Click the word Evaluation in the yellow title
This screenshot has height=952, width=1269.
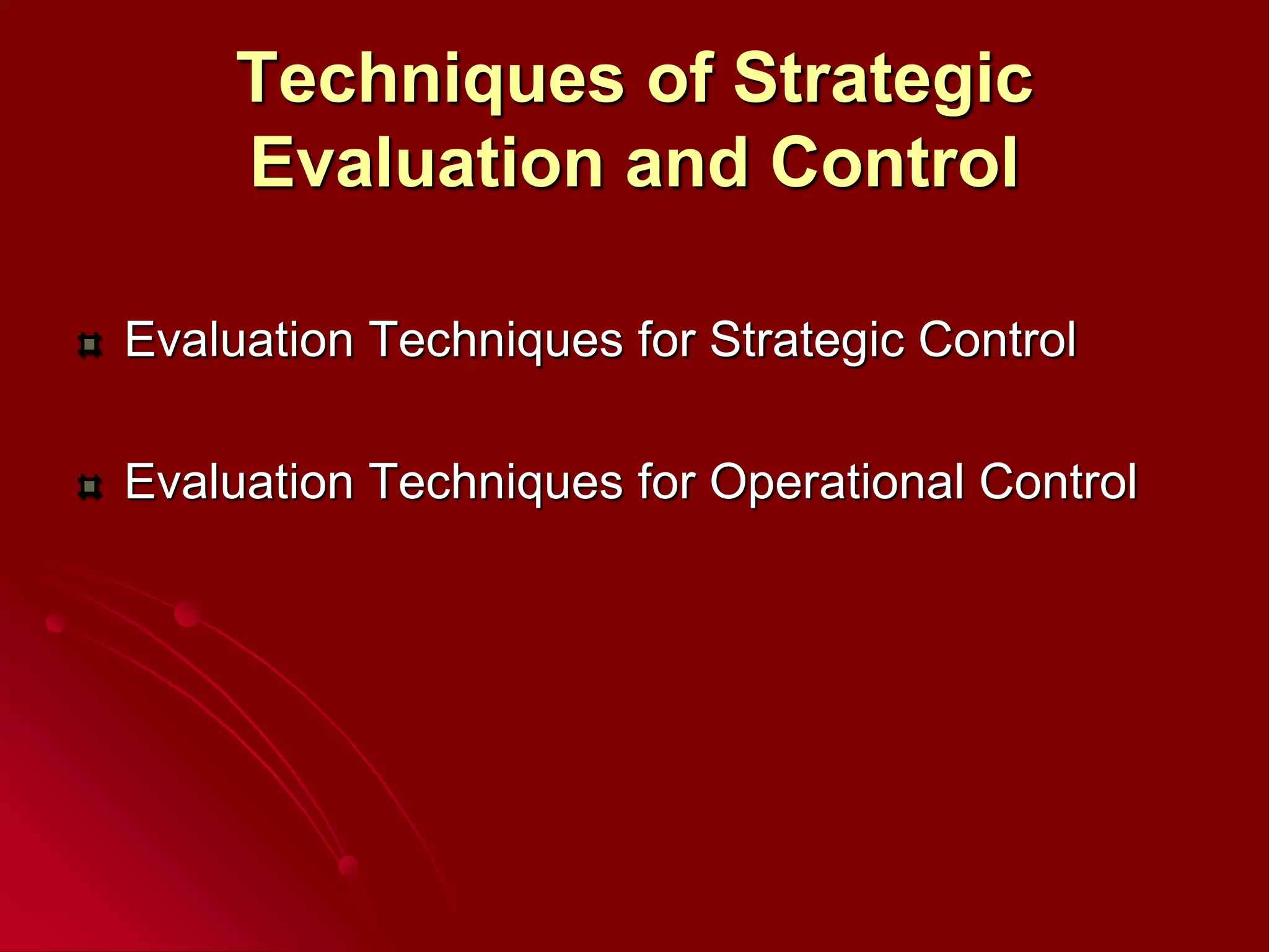(427, 162)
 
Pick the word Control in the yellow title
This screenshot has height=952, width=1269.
(895, 162)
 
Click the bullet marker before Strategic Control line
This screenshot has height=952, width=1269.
(90, 345)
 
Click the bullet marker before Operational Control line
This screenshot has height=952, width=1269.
(90, 487)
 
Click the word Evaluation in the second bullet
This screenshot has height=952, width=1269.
(239, 482)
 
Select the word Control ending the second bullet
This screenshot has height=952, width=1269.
(1058, 482)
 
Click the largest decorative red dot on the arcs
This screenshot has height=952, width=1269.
(187, 614)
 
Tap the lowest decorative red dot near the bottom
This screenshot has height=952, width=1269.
(349, 866)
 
